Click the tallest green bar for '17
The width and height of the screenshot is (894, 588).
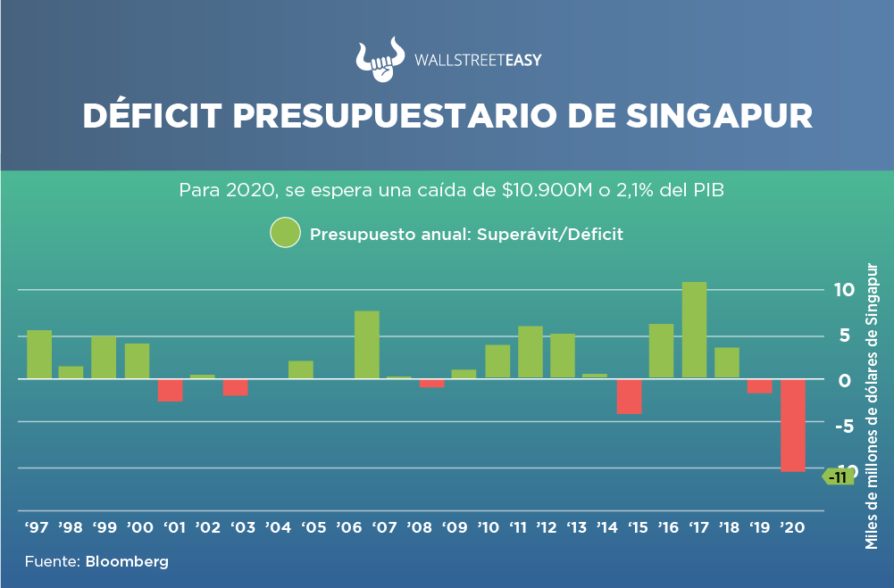coord(694,329)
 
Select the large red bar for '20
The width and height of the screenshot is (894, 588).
coord(792,425)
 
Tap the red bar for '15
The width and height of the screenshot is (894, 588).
coord(629,396)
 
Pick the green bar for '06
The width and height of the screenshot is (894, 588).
coord(367,344)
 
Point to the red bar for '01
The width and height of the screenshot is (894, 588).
coord(171,390)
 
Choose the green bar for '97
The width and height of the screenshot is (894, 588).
coord(39,354)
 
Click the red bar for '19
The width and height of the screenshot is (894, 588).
coord(759,386)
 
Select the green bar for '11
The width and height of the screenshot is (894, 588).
coord(530,352)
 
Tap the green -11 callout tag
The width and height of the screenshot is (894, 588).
coord(838,477)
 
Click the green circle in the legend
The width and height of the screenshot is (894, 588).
coord(285,234)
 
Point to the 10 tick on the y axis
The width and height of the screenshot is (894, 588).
coord(844,290)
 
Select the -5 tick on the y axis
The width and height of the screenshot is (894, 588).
coord(844,425)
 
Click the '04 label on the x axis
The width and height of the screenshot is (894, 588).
coord(279,527)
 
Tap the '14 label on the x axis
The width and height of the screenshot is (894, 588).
coord(607,527)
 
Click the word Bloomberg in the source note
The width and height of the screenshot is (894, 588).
coord(127,562)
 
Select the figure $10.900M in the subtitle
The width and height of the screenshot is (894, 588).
coord(519,191)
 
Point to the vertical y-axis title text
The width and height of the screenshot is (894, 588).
coord(873,405)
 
